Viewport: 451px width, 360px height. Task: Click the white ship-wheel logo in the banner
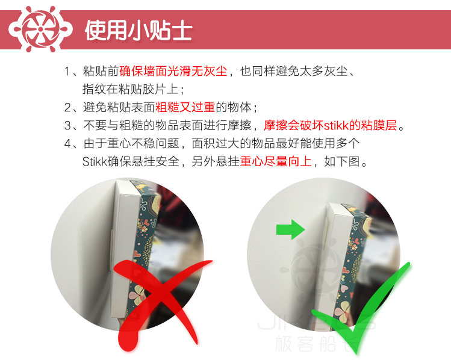[40, 29]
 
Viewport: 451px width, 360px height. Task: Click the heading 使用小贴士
[138, 31]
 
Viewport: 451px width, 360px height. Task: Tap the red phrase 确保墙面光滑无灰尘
[173, 71]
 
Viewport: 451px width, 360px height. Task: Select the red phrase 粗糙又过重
[185, 107]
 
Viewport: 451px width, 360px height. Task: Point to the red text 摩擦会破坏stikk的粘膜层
[331, 125]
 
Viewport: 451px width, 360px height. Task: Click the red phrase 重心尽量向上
[276, 161]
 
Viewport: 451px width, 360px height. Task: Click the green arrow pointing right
[290, 229]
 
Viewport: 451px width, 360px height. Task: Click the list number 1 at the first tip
[67, 71]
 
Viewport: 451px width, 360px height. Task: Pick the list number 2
[67, 108]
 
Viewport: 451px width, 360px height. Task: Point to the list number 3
[67, 126]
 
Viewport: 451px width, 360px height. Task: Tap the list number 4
[67, 143]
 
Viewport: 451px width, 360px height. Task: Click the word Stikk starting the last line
[95, 161]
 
